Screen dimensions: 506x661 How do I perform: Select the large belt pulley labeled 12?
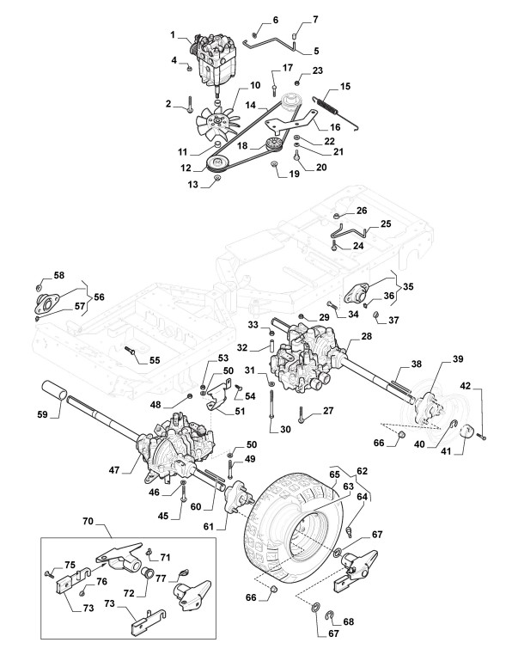pos(219,163)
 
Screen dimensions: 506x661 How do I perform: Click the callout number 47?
pos(114,469)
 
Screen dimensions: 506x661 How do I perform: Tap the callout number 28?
pos(367,335)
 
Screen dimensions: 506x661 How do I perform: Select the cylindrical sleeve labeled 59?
pos(53,390)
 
